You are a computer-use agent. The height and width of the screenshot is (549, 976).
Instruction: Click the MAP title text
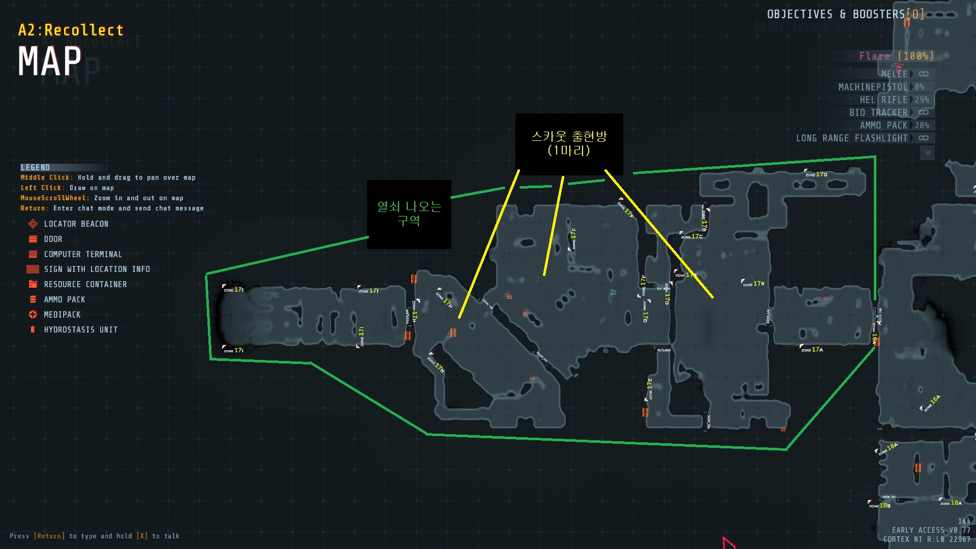pos(50,62)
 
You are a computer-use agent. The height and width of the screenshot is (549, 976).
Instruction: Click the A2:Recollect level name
pos(71,30)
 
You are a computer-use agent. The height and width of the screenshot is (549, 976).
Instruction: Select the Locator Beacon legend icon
pos(33,224)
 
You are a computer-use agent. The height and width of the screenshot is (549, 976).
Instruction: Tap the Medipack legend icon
pos(33,315)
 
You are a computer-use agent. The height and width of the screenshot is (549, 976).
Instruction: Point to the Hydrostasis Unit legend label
pos(81,330)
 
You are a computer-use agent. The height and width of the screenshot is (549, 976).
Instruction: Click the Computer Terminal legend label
pos(83,254)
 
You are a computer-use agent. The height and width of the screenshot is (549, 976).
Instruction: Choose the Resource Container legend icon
pos(33,284)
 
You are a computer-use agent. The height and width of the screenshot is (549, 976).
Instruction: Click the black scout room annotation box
pos(569,144)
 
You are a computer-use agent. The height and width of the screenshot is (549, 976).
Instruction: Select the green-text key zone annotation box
pos(409,214)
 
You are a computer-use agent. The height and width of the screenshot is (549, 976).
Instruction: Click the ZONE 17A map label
pos(812,350)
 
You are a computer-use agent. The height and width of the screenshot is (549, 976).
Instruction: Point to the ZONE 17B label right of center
pos(753,284)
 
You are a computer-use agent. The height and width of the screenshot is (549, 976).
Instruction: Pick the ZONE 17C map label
pos(692,236)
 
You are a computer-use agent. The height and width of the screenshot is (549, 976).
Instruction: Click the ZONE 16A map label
pos(932,403)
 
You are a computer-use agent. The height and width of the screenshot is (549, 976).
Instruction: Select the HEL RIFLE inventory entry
pos(883,100)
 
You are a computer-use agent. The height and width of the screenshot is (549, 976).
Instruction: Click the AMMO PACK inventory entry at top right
pos(883,126)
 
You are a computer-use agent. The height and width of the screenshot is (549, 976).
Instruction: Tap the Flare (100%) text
pos(896,56)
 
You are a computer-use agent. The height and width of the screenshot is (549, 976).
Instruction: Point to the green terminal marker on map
pos(614,292)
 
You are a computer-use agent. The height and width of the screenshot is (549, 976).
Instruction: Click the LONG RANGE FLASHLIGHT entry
pos(852,138)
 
